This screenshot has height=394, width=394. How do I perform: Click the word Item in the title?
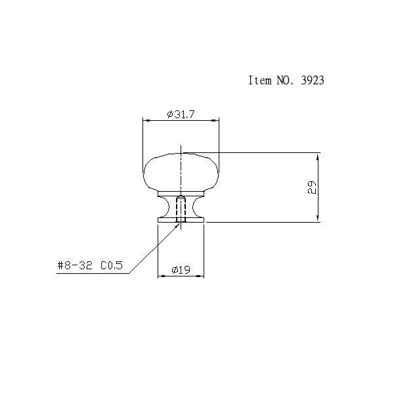pyautogui.click(x=260, y=80)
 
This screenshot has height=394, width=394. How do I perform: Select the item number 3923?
pyautogui.click(x=313, y=80)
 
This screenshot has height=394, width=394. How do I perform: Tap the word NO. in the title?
pyautogui.click(x=285, y=80)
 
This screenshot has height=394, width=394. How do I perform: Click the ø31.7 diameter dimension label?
pyautogui.click(x=181, y=114)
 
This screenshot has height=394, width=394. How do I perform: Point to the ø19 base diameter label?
pyautogui.click(x=181, y=270)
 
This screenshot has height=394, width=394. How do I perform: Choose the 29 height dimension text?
pyautogui.click(x=312, y=187)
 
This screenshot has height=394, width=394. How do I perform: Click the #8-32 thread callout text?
pyautogui.click(x=75, y=265)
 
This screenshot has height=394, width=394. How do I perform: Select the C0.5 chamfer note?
pyautogui.click(x=112, y=265)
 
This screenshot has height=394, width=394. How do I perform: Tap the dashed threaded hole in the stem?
pyautogui.click(x=181, y=209)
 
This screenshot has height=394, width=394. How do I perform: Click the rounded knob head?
pyautogui.click(x=181, y=172)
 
